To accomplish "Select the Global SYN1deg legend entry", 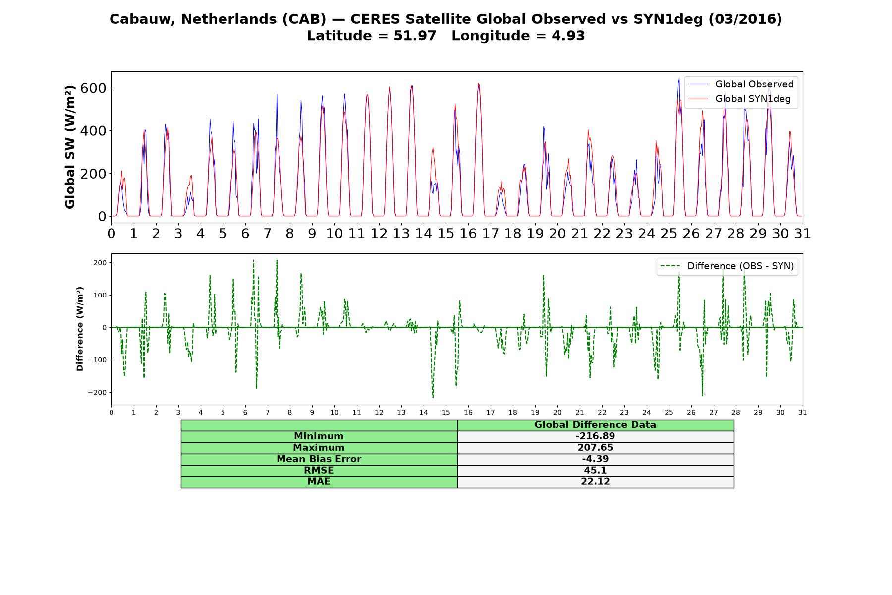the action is (x=739, y=99).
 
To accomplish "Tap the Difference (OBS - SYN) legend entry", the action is (x=727, y=266).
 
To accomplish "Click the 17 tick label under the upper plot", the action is (x=491, y=234).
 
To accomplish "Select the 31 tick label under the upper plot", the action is (x=803, y=234).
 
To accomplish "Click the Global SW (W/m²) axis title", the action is (x=70, y=147).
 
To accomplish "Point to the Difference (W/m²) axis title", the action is (x=80, y=329).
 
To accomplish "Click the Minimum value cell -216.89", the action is (x=595, y=436).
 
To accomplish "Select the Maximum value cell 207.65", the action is (x=595, y=448).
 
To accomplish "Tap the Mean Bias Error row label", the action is (x=319, y=459).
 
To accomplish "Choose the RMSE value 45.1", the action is (x=595, y=471).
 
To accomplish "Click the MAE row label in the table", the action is (x=319, y=482).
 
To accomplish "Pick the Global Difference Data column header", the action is (x=595, y=425).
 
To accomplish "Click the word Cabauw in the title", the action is (x=143, y=19).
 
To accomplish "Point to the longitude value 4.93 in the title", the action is (x=568, y=36).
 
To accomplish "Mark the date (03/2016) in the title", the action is (x=745, y=19).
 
